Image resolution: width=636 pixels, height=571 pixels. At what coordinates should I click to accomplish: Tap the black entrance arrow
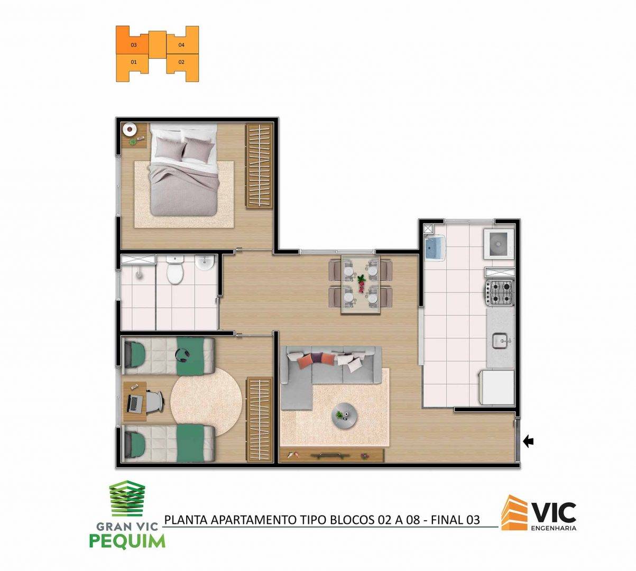coord(528,442)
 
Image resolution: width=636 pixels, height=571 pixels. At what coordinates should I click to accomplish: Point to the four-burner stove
coord(499,293)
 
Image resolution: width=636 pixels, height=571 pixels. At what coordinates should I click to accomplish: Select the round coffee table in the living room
coord(345,416)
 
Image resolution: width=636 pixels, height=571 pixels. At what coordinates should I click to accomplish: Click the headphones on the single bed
coord(182,355)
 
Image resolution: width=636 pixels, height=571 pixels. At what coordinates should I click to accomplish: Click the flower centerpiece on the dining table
coord(361,283)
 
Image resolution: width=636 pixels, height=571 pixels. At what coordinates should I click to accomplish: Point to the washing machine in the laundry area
coord(499,244)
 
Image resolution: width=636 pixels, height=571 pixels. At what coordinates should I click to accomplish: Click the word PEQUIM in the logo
coord(127,541)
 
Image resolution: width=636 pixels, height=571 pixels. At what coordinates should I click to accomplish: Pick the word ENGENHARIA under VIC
coord(554,528)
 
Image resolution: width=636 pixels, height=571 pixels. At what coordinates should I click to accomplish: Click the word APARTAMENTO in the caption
coord(254,520)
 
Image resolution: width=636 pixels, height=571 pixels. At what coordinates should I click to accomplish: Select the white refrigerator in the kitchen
coord(497,388)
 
